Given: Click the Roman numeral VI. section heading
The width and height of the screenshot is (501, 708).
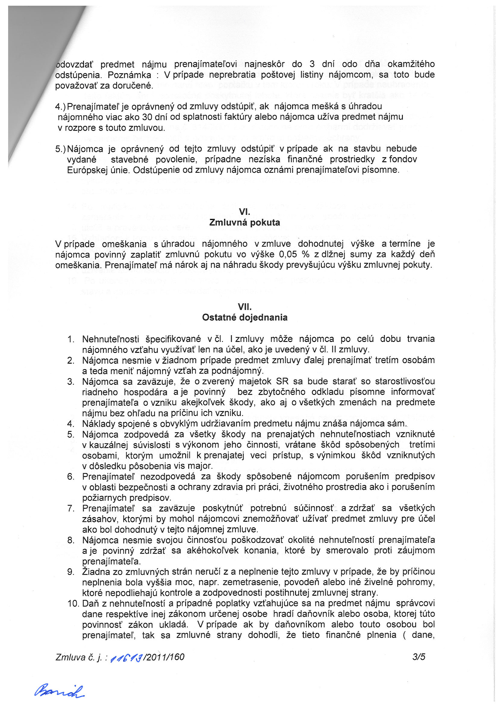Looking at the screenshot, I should pyautogui.click(x=244, y=212).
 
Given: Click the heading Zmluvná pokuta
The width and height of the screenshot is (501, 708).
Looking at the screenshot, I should pyautogui.click(x=244, y=222).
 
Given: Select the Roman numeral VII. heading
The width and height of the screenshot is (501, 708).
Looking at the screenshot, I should pyautogui.click(x=244, y=306).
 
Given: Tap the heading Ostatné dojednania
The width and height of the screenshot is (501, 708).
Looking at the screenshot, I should pyautogui.click(x=244, y=317).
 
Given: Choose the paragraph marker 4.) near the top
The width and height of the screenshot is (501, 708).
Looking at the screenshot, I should pyautogui.click(x=60, y=106).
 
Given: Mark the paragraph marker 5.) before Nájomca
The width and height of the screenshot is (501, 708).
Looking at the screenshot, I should pyautogui.click(x=60, y=149).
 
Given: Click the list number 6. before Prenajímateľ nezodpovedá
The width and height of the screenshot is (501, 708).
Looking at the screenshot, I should pyautogui.click(x=71, y=477).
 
